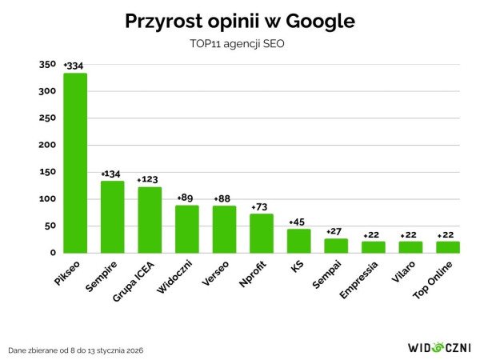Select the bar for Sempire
click(x=112, y=216)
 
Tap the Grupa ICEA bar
click(x=150, y=219)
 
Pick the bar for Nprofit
click(x=262, y=233)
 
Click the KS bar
click(x=298, y=240)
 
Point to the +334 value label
click(x=74, y=66)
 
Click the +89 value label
click(x=186, y=198)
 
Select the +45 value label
click(x=298, y=222)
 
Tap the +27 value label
click(x=336, y=231)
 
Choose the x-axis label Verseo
click(x=214, y=277)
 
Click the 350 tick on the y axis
click(x=48, y=65)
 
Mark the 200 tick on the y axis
click(x=48, y=146)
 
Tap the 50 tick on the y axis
click(x=50, y=226)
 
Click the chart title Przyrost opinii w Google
click(x=240, y=22)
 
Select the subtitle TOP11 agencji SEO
click(x=240, y=45)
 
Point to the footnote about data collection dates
click(x=76, y=350)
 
